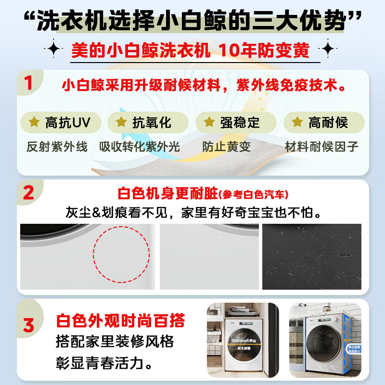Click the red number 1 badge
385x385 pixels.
pyautogui.click(x=28, y=82)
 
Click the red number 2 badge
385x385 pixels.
pyautogui.click(x=28, y=193)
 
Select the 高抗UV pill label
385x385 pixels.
pyautogui.click(x=61, y=122)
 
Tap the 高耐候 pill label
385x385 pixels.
pyautogui.click(x=321, y=122)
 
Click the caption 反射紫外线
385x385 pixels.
pyautogui.click(x=57, y=147)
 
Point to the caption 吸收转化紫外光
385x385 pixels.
pyautogui.click(x=140, y=147)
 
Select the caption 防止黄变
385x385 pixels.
pyautogui.click(x=226, y=147)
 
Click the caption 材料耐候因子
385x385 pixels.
pyautogui.click(x=322, y=147)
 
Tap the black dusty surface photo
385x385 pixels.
pyautogui.click(x=311, y=257)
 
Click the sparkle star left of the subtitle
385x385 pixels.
pyautogui.click(x=53, y=49)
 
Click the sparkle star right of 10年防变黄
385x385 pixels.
pyautogui.click(x=328, y=49)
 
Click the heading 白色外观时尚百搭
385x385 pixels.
pyautogui.click(x=120, y=321)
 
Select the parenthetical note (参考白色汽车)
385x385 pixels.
pyautogui.click(x=253, y=195)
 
